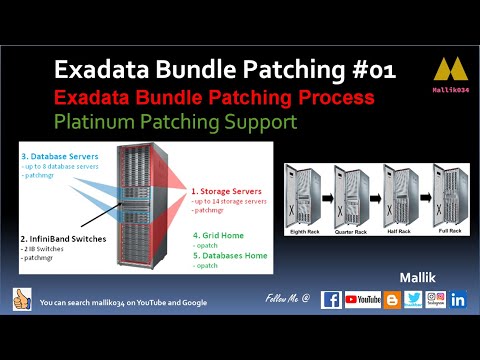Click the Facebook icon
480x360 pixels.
click(331, 299)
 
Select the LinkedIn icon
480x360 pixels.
click(459, 299)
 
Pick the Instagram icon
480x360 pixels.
click(435, 299)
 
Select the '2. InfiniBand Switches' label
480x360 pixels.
click(61, 240)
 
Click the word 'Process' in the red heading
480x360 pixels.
click(326, 98)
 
